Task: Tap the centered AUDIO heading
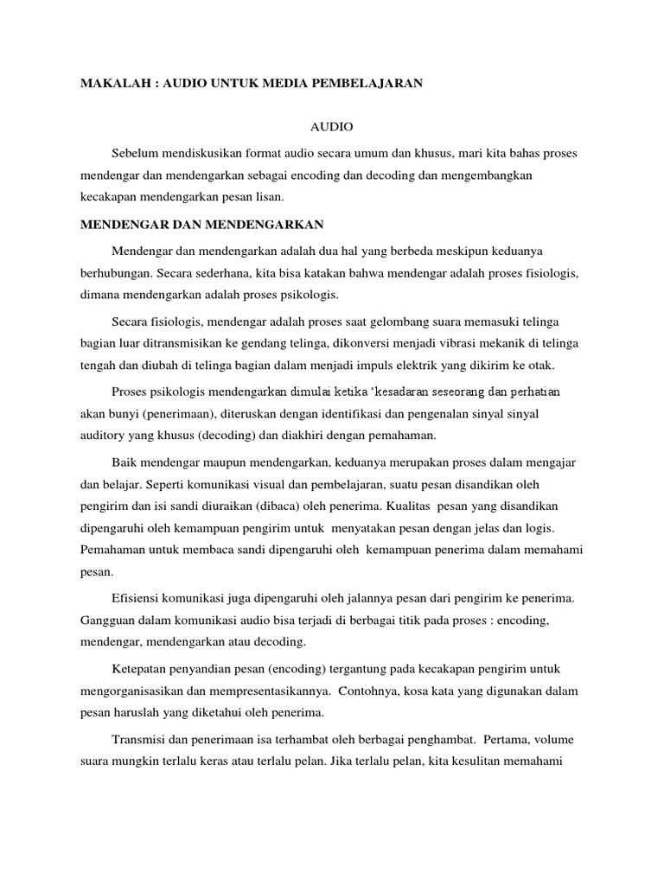(333, 126)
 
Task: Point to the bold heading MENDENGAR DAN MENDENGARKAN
(201, 224)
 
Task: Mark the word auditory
(104, 436)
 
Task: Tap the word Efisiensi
(138, 598)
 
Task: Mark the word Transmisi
(141, 741)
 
